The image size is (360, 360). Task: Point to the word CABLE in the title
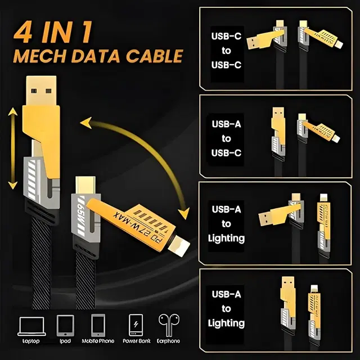pos(155,56)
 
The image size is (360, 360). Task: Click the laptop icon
pos(30,326)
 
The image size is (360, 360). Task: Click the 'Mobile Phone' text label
pos(98,341)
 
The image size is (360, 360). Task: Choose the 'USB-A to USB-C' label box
pos(227,138)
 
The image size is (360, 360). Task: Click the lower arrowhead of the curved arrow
pos(183,213)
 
